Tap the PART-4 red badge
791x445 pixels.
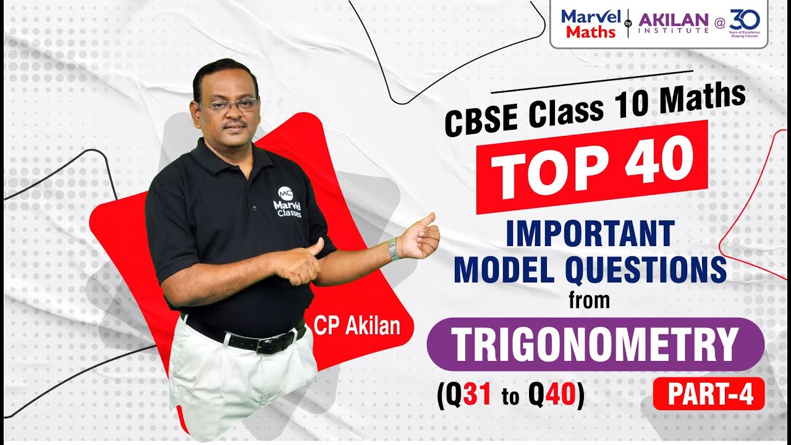(x=708, y=395)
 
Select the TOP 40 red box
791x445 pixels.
(x=593, y=165)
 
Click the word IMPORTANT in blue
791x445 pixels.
(x=588, y=234)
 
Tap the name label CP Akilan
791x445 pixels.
(x=357, y=326)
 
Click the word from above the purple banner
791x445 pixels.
(x=589, y=302)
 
